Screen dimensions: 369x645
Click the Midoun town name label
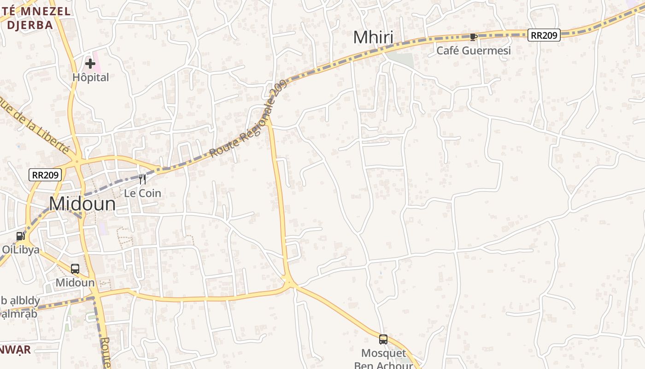[82, 204]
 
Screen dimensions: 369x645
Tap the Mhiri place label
[373, 37]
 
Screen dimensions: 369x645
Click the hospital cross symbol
[90, 64]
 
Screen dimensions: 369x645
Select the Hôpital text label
[91, 77]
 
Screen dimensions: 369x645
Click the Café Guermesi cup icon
[473, 37]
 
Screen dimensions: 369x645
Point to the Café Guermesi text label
[474, 50]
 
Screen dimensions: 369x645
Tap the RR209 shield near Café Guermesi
[544, 35]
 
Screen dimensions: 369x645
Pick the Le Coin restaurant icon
[142, 179]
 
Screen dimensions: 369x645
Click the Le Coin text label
[143, 193]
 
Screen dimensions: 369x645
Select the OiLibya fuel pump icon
[21, 236]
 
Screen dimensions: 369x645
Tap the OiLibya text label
[20, 250]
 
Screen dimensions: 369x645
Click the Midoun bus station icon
[75, 269]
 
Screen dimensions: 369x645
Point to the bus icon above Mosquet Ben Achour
[383, 339]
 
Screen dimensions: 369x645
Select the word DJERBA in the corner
[30, 25]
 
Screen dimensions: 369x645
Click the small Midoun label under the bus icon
[75, 282]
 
